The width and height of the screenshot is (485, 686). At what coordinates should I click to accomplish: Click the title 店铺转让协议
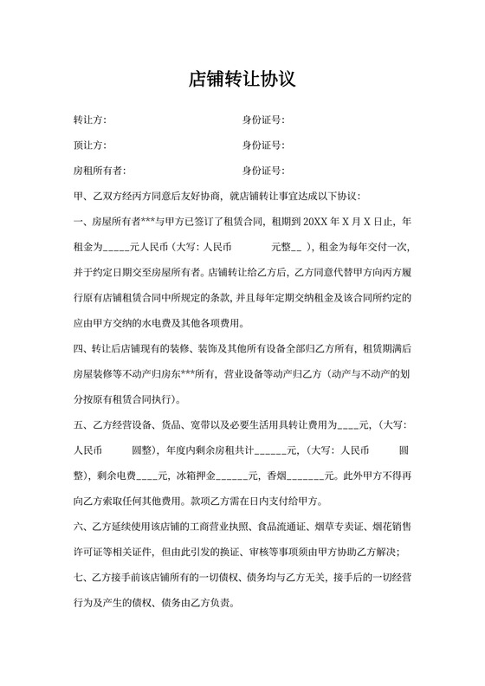point(242,80)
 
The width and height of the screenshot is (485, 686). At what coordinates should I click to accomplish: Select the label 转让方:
point(90,120)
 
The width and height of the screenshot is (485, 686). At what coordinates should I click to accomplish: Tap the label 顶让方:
point(90,145)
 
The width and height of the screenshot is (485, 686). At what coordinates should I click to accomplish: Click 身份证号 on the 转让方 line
point(263,120)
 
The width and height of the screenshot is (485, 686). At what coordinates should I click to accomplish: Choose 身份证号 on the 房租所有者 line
point(263,170)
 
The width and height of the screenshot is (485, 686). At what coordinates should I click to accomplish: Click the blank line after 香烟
point(303,476)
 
